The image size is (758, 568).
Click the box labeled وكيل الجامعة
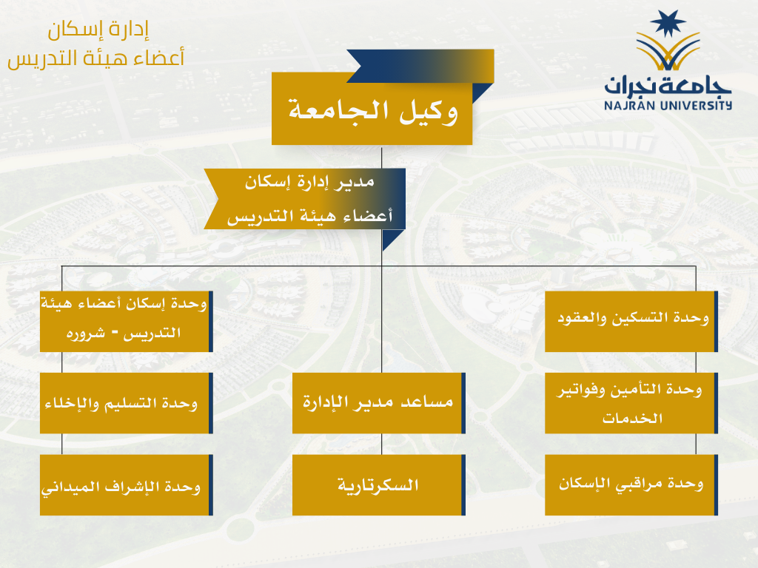point(372,109)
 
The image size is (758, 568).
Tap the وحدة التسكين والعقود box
point(631,321)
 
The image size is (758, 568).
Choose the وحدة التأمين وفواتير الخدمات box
point(631,403)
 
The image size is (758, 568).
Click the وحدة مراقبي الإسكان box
point(631,484)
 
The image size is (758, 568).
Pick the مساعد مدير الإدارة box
point(378,403)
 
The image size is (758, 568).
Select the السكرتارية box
point(378,484)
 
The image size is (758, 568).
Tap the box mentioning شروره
point(126,321)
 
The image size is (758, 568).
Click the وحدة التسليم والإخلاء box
point(126,403)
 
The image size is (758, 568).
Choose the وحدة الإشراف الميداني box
point(126,484)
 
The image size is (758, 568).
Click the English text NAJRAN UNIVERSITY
point(668,105)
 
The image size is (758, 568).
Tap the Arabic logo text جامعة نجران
point(667,86)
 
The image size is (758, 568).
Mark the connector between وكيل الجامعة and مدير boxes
point(381,157)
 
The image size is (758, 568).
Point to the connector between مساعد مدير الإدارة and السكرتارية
point(381,444)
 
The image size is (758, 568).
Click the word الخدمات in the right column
point(632,418)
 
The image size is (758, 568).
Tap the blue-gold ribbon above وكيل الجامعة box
point(420,66)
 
